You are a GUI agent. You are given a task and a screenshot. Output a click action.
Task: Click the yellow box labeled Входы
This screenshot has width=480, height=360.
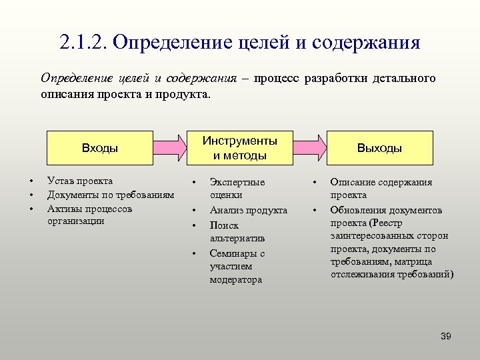(99, 148)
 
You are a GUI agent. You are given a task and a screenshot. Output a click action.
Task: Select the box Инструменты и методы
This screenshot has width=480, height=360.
(240, 148)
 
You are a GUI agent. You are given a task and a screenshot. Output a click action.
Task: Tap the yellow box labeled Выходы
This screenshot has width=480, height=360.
(379, 148)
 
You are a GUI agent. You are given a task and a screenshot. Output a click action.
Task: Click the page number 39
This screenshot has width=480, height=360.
(445, 336)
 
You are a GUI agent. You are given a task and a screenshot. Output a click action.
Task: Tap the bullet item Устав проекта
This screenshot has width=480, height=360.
(80, 181)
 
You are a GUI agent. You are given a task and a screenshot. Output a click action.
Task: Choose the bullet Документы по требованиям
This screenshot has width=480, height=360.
(111, 195)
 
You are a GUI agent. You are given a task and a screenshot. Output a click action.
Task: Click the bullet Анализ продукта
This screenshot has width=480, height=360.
(249, 210)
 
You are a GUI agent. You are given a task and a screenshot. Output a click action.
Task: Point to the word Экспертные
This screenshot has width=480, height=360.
(237, 182)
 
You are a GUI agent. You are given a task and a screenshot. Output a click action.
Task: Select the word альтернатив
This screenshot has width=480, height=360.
(237, 238)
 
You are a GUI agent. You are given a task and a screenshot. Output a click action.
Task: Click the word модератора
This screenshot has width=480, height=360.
(236, 280)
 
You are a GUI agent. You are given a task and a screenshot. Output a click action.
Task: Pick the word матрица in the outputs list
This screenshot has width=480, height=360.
(413, 261)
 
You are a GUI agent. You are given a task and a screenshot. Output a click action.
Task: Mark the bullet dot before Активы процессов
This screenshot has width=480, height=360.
(31, 209)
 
